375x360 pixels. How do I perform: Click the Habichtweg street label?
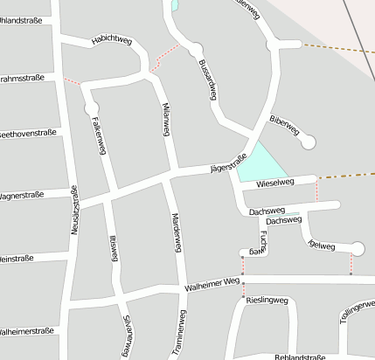tap(112, 39)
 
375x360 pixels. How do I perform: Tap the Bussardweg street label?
tap(207, 80)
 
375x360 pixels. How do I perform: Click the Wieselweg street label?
tap(275, 183)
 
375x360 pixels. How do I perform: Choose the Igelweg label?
tap(322, 246)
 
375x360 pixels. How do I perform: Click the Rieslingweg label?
tap(267, 300)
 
